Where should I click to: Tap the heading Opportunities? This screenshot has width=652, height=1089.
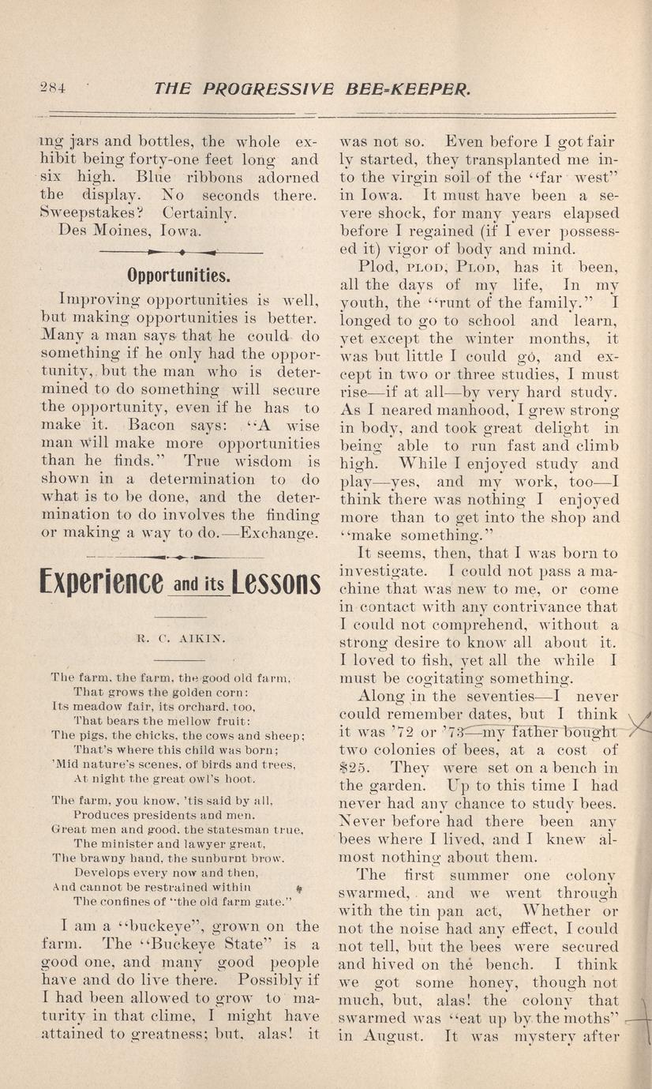coord(179,276)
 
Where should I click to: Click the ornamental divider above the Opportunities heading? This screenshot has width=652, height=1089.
coord(182,251)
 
